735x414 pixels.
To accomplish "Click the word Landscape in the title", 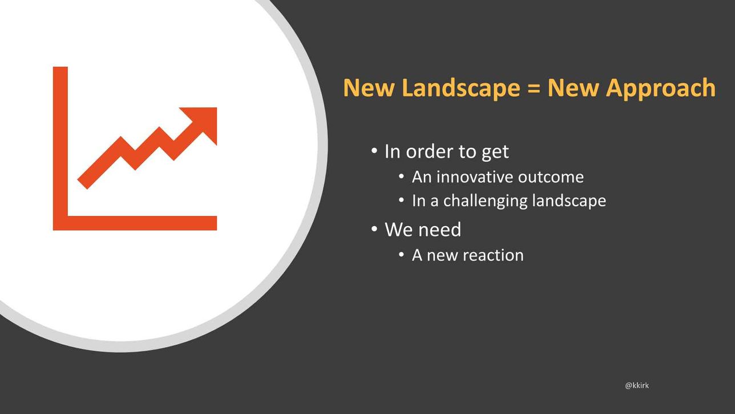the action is click(x=461, y=88).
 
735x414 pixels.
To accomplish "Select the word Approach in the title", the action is click(x=660, y=88).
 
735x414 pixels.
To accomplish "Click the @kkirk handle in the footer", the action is click(x=637, y=385).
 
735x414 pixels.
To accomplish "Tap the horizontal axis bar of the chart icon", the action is click(x=135, y=223).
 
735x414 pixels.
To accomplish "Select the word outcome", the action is click(x=551, y=177).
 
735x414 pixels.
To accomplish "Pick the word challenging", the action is click(x=485, y=201).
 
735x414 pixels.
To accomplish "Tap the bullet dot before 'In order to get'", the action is click(x=374, y=151).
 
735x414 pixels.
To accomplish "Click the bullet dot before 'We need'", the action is click(x=374, y=229).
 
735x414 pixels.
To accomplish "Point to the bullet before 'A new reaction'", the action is click(x=401, y=255).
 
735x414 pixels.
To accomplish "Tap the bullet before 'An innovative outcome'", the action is click(x=401, y=176).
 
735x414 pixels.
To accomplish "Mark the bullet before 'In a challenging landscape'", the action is click(x=401, y=200).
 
